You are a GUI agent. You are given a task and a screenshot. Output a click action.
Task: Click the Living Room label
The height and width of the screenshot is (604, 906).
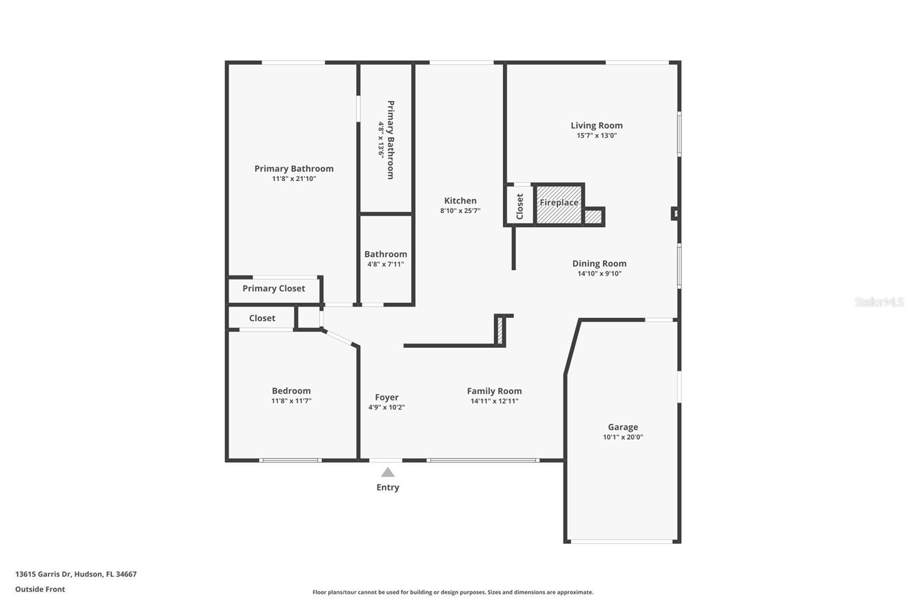(596, 125)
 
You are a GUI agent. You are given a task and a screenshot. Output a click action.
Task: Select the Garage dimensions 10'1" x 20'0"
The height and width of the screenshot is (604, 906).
(623, 437)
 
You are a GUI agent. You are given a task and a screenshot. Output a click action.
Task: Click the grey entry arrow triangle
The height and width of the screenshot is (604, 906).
(387, 472)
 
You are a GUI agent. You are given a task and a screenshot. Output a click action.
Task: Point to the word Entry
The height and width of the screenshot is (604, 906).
(387, 487)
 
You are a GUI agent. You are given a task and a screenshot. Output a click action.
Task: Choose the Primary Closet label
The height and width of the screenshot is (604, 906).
(273, 288)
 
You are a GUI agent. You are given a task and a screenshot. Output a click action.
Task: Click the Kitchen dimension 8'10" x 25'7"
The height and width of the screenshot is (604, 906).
(460, 210)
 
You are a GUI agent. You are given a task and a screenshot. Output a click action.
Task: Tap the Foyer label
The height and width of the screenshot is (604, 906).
(386, 397)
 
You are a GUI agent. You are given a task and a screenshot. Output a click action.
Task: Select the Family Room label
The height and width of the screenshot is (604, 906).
(494, 391)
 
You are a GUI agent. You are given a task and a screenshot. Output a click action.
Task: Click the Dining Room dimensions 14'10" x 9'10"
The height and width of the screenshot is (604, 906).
(599, 274)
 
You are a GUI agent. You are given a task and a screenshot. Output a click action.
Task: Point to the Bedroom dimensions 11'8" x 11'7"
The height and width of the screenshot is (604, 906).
(291, 401)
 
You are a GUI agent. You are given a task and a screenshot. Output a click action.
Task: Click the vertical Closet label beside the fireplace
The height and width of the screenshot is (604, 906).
(520, 206)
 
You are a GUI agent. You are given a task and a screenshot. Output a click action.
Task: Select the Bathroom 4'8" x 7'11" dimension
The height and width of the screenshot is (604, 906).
(385, 264)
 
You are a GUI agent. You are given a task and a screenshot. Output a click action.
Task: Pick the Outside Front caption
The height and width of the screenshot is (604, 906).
(40, 589)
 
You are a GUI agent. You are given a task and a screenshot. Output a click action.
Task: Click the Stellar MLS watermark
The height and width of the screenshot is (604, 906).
(879, 302)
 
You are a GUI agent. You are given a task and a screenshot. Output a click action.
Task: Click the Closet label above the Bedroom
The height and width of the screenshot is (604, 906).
(262, 318)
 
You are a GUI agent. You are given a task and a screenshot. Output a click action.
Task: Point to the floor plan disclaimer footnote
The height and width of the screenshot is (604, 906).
(452, 592)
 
